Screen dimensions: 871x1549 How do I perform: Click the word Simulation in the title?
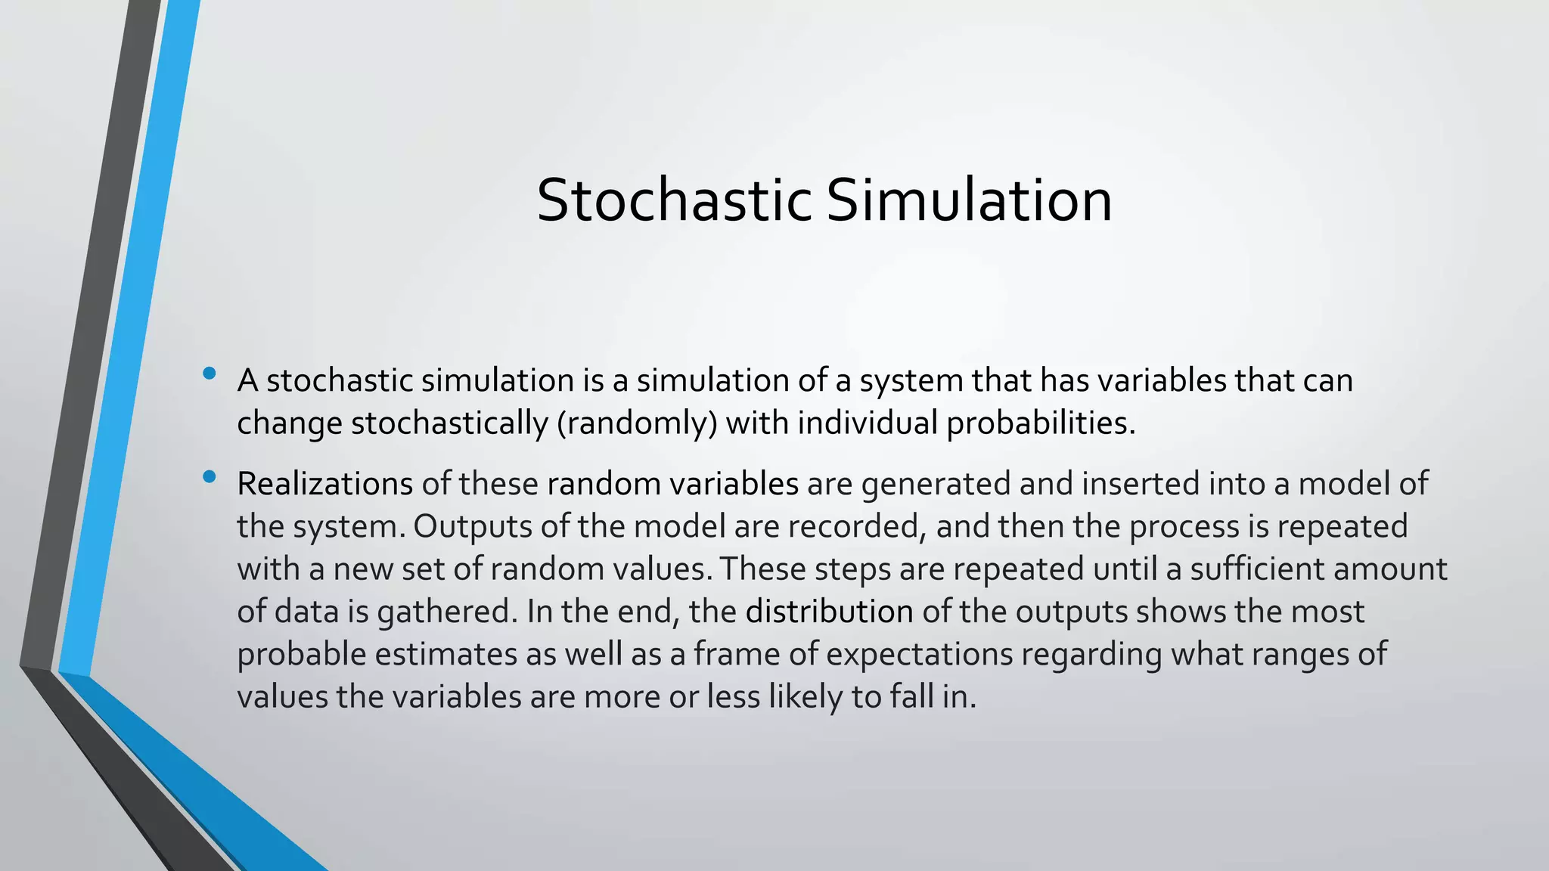pyautogui.click(x=969, y=200)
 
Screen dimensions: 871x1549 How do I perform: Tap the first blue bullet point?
pyautogui.click(x=210, y=374)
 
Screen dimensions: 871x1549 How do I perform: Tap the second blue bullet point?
pyautogui.click(x=210, y=477)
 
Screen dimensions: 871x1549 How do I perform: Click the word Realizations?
pyautogui.click(x=324, y=484)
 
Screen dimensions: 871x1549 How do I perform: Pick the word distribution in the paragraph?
pyautogui.click(x=829, y=612)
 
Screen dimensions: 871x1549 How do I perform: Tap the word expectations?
pyautogui.click(x=919, y=654)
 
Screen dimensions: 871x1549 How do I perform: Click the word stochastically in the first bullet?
pyautogui.click(x=449, y=423)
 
